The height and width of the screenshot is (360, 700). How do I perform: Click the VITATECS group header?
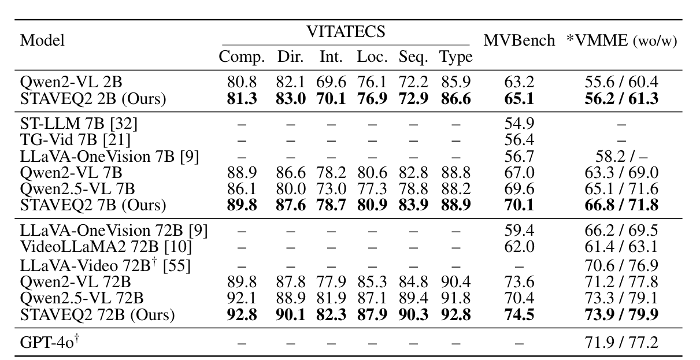click(346, 32)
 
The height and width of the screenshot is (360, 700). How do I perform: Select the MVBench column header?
click(519, 41)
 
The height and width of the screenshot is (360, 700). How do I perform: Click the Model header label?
click(42, 41)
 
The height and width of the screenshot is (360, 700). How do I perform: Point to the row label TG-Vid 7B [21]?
click(75, 139)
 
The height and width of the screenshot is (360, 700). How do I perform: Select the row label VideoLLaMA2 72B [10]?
click(106, 247)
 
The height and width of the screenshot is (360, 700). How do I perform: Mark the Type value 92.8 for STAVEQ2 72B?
click(455, 316)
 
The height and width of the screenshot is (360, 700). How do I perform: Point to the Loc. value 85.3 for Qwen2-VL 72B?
click(372, 282)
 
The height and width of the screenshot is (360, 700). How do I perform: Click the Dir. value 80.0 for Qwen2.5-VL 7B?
click(290, 188)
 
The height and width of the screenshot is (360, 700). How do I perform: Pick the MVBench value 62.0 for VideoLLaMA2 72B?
click(519, 247)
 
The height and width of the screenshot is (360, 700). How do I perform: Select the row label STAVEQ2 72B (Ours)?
click(97, 316)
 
